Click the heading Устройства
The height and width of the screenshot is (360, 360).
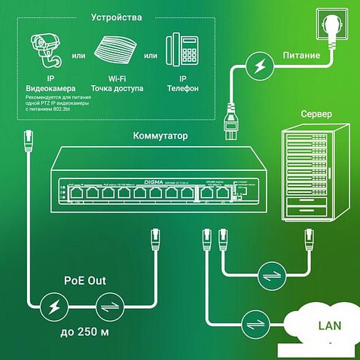click(115, 17)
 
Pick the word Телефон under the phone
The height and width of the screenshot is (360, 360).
click(181, 88)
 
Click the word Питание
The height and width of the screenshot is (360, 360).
click(301, 56)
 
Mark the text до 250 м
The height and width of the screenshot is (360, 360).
click(83, 331)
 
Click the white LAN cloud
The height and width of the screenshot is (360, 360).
click(320, 326)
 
